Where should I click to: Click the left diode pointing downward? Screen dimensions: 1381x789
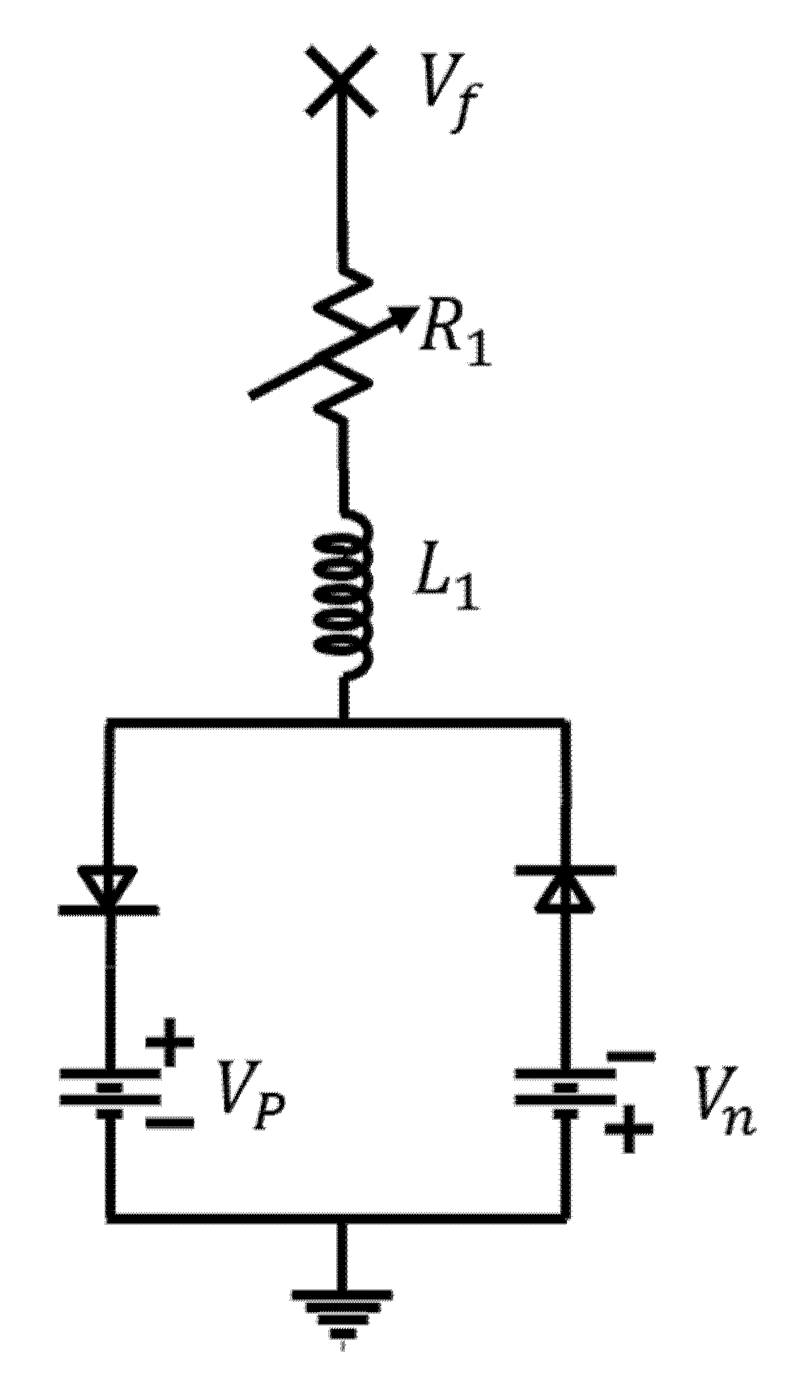coord(109,889)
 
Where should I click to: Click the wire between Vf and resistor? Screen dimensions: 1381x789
coord(343,190)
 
